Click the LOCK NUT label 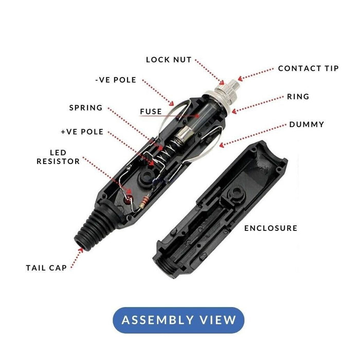point(169,60)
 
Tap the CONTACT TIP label point(308,68)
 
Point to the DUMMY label point(307,124)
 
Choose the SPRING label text point(86,108)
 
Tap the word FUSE point(151,111)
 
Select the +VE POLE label point(82,132)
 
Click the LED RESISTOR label point(58,157)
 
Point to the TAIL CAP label point(46,268)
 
